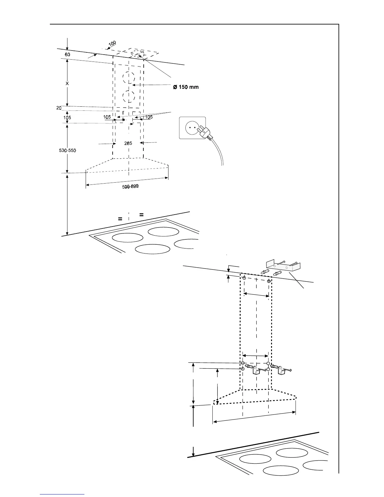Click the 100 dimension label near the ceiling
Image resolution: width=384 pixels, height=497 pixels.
pyautogui.click(x=112, y=43)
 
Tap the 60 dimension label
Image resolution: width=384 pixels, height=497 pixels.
pyautogui.click(x=67, y=55)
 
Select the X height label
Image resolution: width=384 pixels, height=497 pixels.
pyautogui.click(x=67, y=84)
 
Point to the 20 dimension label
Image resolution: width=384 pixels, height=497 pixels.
pyautogui.click(x=59, y=108)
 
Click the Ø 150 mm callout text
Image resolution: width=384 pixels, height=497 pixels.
pyautogui.click(x=186, y=87)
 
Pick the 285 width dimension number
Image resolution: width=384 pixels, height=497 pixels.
pyautogui.click(x=128, y=143)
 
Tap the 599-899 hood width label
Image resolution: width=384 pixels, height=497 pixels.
pyautogui.click(x=130, y=187)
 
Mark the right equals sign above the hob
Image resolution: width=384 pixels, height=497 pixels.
pyautogui.click(x=141, y=215)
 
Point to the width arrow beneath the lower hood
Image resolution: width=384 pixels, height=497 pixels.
pyautogui.click(x=254, y=417)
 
